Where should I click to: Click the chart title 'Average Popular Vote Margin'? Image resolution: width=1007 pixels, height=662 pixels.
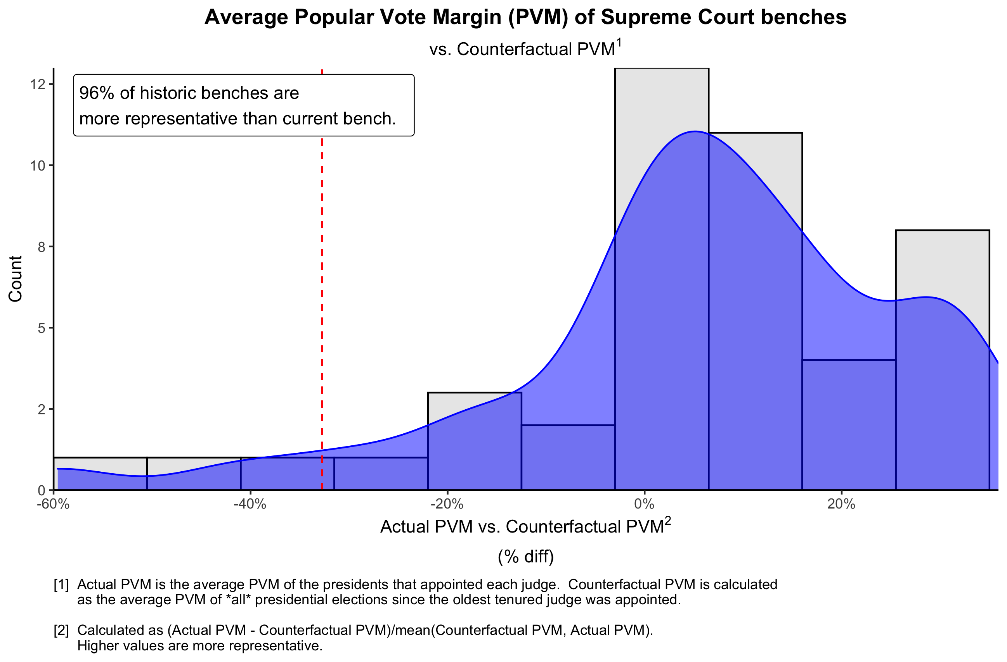[x=525, y=18]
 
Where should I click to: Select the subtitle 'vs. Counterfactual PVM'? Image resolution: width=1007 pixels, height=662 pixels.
[x=522, y=50]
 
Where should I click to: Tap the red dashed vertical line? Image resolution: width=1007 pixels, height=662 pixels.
[x=322, y=296]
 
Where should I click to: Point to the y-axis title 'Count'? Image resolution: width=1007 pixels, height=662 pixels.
[x=16, y=279]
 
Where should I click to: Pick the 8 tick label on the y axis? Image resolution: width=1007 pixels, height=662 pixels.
[x=41, y=247]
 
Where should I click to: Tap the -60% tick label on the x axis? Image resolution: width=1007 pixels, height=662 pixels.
[x=53, y=504]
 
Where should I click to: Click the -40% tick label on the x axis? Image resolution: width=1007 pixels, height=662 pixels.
[x=250, y=504]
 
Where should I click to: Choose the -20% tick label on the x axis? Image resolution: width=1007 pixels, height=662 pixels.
[x=447, y=504]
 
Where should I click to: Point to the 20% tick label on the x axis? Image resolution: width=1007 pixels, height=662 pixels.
[x=841, y=504]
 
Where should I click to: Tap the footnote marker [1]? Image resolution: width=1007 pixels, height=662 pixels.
[x=61, y=585]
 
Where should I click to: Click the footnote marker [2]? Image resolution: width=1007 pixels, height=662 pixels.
[x=61, y=630]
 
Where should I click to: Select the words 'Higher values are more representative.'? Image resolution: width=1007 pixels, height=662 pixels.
[x=200, y=646]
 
